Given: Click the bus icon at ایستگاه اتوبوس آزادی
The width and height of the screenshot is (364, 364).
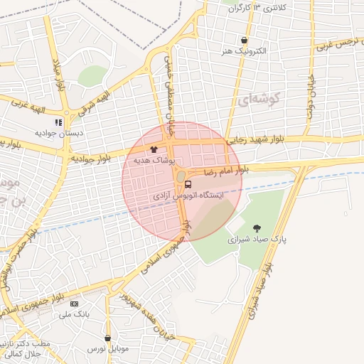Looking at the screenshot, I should point(188,185).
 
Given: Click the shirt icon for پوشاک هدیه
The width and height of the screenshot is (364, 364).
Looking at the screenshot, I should point(154,150).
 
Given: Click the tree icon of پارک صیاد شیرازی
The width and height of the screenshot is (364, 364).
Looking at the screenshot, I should point(257,228).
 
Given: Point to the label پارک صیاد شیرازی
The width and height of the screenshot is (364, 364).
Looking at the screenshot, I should point(257,240).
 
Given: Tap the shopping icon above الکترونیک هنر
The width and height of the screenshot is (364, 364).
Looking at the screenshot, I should point(245,41).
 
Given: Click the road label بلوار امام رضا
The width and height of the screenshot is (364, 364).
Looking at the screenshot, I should point(226,171).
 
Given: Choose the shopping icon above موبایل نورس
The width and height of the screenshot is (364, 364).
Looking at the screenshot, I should point(107,338).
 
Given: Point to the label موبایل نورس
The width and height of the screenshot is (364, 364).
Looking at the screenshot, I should point(107,349).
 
